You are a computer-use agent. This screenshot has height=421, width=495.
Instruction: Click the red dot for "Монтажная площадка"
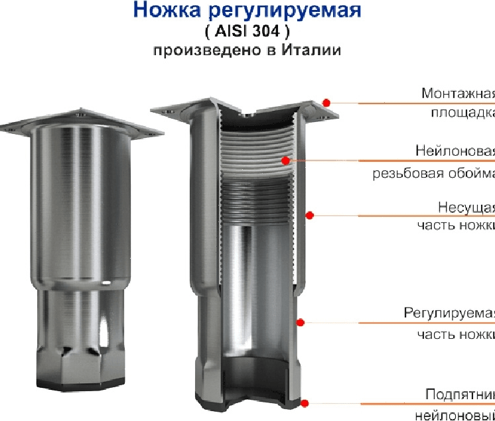(x=326, y=102)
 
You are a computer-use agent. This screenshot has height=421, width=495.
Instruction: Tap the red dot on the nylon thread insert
(x=285, y=160)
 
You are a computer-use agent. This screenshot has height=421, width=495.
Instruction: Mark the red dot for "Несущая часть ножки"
(x=309, y=214)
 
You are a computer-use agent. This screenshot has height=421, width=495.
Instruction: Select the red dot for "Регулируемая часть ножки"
(x=300, y=322)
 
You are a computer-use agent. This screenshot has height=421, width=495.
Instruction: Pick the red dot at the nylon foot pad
(x=305, y=402)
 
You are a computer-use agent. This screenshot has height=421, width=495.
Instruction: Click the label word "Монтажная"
(x=459, y=93)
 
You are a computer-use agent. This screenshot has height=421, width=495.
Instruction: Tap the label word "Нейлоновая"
(x=455, y=150)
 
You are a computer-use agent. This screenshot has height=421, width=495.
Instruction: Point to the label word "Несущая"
(x=466, y=206)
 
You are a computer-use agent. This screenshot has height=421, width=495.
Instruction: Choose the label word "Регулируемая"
(x=450, y=314)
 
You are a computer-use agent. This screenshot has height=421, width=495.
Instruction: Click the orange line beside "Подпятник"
(x=398, y=402)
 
